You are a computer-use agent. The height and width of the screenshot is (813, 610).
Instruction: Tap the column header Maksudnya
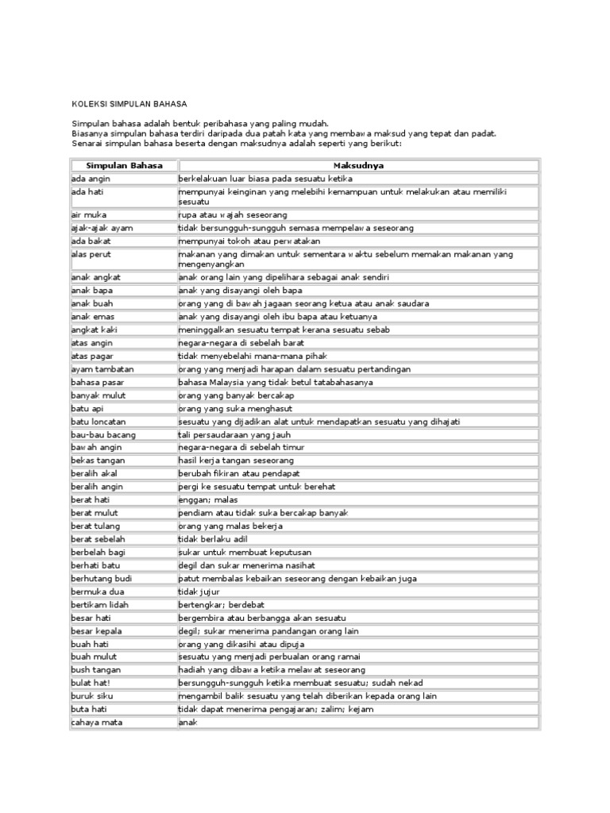[x=358, y=165]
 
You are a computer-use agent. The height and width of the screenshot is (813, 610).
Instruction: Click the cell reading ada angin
[x=91, y=179]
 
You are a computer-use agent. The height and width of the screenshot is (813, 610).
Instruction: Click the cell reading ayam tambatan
[x=101, y=368]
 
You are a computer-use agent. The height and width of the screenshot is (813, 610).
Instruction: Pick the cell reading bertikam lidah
[x=100, y=604]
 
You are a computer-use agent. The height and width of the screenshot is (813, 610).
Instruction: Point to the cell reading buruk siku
[x=93, y=695]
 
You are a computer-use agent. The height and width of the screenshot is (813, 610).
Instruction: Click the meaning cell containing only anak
[x=187, y=722]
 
